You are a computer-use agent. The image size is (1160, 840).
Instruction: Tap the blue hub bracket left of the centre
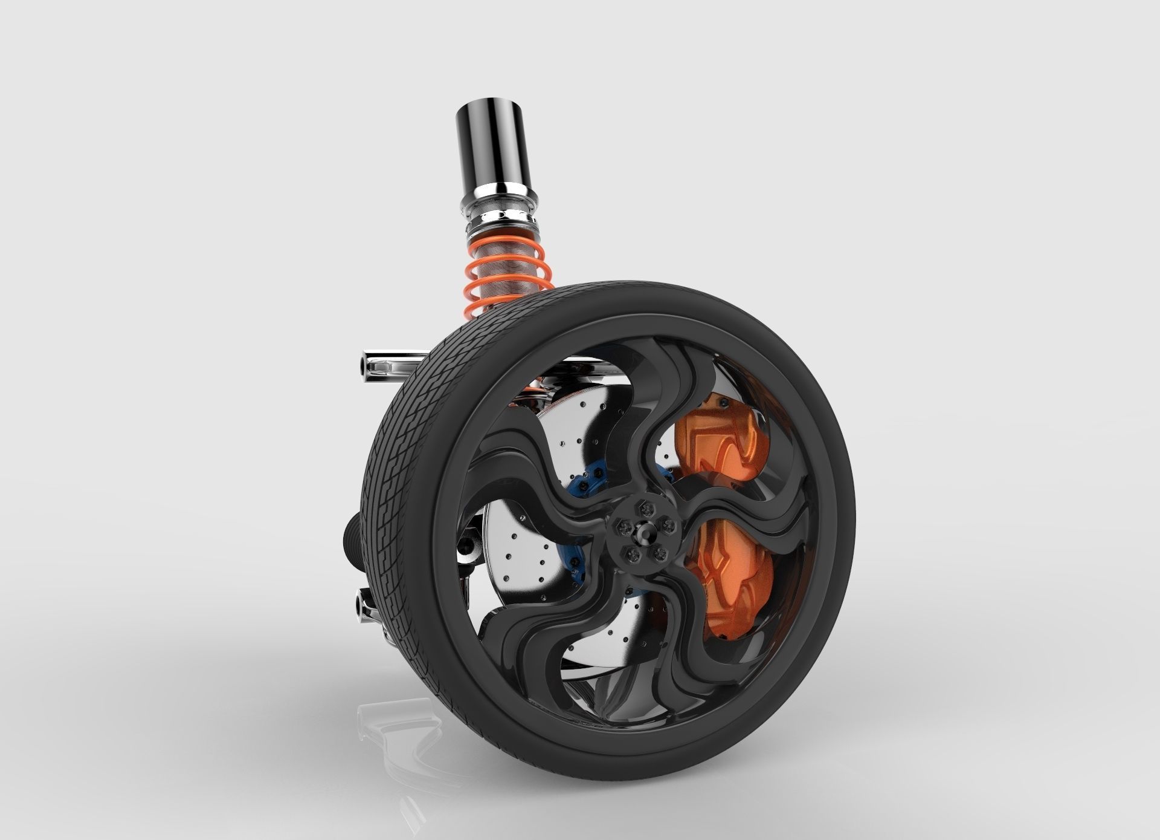click(583, 496)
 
